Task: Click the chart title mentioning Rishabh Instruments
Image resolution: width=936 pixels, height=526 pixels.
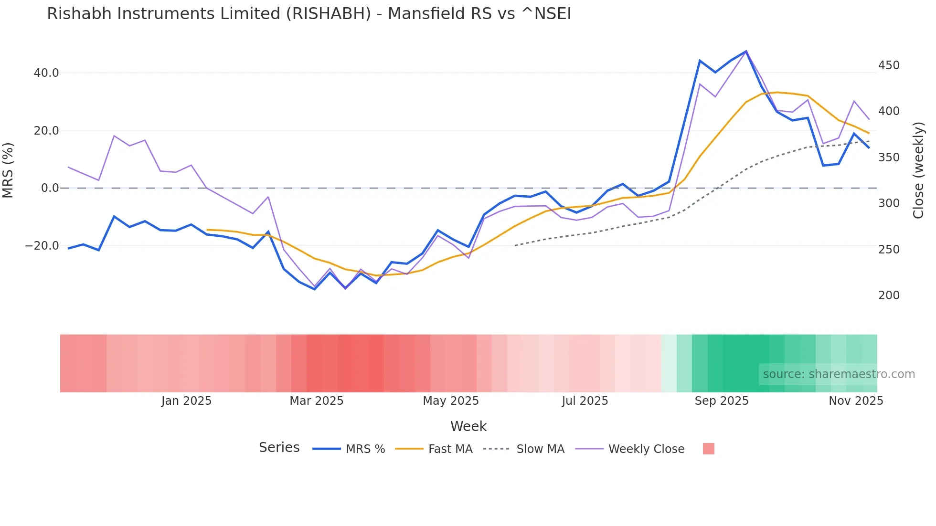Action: point(308,14)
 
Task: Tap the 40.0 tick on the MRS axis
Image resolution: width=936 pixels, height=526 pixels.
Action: point(46,73)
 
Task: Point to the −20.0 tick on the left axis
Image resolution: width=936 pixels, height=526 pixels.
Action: point(42,246)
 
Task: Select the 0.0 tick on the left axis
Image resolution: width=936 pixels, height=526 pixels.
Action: point(50,188)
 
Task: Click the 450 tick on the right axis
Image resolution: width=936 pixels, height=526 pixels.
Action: point(889,65)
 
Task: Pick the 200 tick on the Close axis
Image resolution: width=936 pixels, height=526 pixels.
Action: point(889,295)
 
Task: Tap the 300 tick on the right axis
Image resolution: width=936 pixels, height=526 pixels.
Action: point(889,203)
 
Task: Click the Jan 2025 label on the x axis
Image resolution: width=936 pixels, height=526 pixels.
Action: point(186,401)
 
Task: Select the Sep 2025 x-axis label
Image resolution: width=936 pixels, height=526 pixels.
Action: point(721,401)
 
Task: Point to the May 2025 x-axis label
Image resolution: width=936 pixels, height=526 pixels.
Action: point(450,401)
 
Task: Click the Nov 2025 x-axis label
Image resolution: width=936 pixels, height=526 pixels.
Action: point(855,401)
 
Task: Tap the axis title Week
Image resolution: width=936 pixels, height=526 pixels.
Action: point(468,426)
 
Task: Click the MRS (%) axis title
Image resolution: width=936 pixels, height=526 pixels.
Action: point(8,170)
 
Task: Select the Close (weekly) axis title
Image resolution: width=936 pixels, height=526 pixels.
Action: point(918,170)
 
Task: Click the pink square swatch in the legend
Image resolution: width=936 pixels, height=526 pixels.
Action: point(708,449)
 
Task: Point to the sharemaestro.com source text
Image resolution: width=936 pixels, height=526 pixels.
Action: point(839,374)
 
